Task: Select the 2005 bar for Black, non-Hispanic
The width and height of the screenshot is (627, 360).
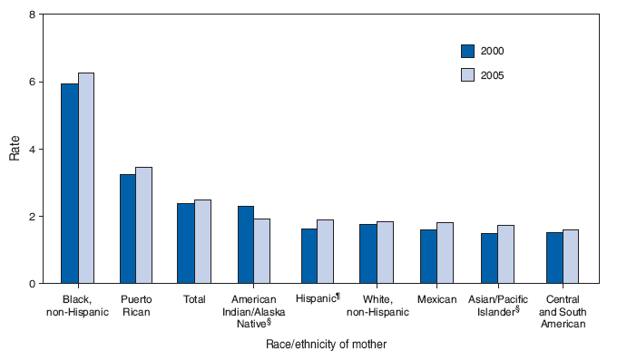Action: pos(86,178)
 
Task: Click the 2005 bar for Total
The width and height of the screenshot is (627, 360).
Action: pos(202,241)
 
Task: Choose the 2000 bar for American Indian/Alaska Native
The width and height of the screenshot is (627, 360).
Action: pos(245,245)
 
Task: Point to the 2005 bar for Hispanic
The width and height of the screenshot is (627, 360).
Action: pos(326,251)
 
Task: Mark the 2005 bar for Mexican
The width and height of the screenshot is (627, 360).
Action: pos(445,253)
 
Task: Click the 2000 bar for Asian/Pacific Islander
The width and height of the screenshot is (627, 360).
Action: pos(489,258)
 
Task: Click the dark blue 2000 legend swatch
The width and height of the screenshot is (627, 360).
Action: pos(468,51)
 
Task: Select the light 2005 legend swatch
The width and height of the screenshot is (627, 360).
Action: pos(468,74)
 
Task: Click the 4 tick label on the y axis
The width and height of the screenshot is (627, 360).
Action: pos(33,150)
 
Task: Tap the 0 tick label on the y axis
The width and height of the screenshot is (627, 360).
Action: pos(33,284)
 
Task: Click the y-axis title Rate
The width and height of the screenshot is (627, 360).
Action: pos(15,149)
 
